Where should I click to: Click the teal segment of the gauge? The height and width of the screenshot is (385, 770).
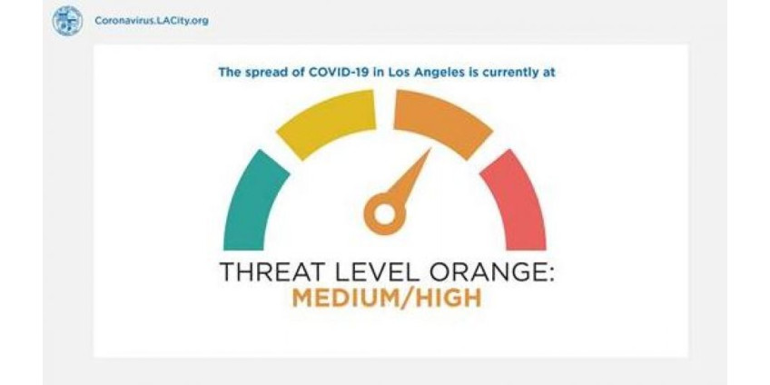254,202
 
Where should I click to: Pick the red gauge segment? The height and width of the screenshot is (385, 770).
516,202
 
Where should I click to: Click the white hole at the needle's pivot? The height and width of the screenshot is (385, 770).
385,213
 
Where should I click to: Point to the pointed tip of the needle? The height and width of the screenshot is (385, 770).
430,149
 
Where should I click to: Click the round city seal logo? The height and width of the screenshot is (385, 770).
67,21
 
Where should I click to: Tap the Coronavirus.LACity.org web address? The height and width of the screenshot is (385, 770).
152,21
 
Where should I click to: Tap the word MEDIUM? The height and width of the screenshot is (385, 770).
346,299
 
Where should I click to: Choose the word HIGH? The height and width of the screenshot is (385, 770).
447,299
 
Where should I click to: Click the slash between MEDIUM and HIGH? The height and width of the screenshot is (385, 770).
406,299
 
